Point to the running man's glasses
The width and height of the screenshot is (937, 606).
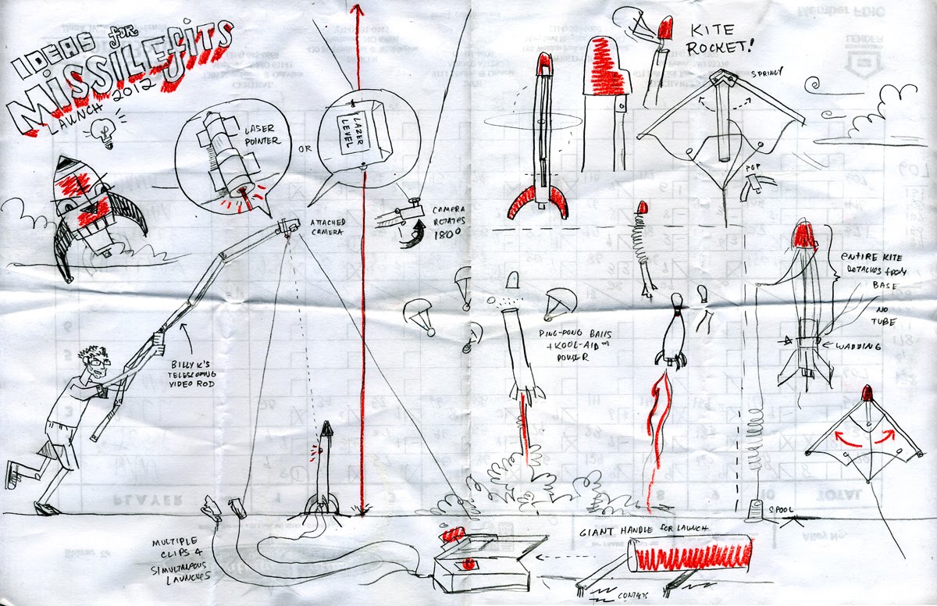pyautogui.click(x=97, y=361)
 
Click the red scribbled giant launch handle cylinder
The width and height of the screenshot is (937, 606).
pyautogui.click(x=691, y=554)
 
